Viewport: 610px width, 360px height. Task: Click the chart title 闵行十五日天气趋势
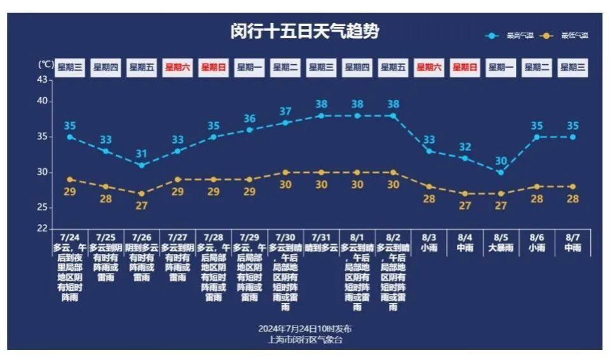(304, 32)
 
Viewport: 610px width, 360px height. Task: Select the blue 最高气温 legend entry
(509, 36)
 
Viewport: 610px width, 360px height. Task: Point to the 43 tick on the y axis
(42, 79)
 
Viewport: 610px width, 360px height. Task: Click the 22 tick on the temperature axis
(42, 228)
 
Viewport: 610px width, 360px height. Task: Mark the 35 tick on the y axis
(42, 137)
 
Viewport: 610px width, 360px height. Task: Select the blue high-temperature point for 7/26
(142, 165)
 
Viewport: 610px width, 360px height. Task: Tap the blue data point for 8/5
(501, 172)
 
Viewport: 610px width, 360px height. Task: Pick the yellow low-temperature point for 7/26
(142, 194)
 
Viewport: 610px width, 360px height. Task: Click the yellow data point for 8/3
(429, 187)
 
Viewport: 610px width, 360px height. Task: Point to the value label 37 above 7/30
(285, 112)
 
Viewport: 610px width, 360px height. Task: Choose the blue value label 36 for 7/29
(250, 119)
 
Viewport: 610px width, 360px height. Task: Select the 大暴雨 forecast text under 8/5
(501, 248)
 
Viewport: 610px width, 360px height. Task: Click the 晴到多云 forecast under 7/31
(322, 248)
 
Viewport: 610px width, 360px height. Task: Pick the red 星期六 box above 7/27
(178, 67)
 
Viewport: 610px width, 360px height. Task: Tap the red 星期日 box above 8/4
(464, 67)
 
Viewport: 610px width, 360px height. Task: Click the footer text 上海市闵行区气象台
(305, 339)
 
